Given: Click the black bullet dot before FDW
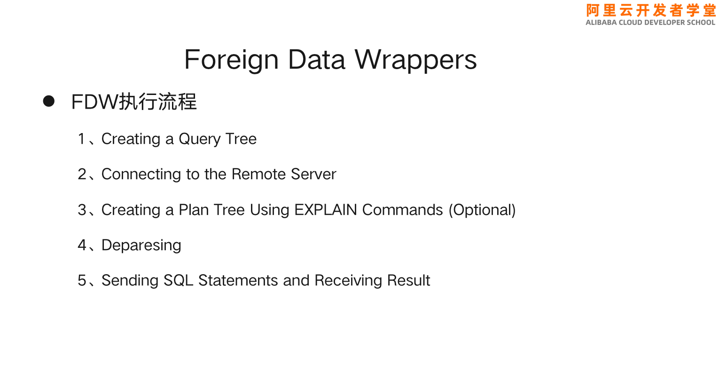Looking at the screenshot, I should coord(49,101).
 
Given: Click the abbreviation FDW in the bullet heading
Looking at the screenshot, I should coord(94,102).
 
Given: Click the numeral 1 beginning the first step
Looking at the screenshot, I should coord(82,139).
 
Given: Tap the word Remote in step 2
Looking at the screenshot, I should coord(258,174).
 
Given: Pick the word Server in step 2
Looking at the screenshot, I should coord(313,174).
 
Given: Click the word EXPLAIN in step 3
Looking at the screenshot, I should coord(326,210).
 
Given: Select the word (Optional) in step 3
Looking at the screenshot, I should coord(482,210).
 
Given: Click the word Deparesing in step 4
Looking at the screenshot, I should coord(141,245).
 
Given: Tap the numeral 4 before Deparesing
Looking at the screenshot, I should coord(82,245).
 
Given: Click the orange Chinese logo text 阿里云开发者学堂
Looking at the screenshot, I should coord(651,10).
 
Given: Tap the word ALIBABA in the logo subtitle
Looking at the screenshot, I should coord(601,23).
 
